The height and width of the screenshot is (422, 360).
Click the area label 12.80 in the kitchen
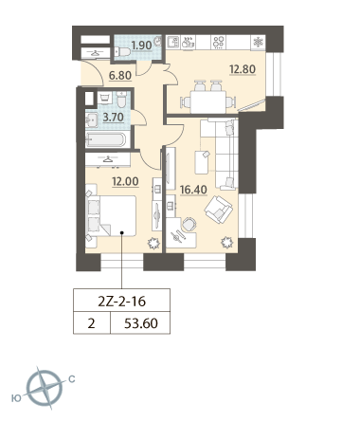243,69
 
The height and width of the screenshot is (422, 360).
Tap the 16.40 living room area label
193,190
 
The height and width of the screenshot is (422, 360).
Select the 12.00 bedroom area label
125,181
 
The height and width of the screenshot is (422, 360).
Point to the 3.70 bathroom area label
114,118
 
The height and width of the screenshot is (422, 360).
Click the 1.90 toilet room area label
142,46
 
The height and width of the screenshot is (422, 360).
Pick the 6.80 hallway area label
120,76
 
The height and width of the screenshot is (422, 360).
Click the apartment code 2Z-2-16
122,302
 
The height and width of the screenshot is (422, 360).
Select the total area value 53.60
141,323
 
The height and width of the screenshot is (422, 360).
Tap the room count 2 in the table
91,323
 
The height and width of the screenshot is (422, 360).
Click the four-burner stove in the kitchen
219,43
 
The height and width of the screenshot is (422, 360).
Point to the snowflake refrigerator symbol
258,43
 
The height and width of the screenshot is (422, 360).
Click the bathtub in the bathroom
106,139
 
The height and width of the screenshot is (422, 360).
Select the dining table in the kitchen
207,102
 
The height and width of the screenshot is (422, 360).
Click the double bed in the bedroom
111,216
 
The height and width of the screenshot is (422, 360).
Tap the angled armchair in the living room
219,210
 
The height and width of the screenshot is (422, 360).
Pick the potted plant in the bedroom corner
153,243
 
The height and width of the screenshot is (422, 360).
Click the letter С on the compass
72,378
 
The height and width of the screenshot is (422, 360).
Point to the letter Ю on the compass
16,398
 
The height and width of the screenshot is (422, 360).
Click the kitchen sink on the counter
172,43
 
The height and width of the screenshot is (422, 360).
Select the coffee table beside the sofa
202,162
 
